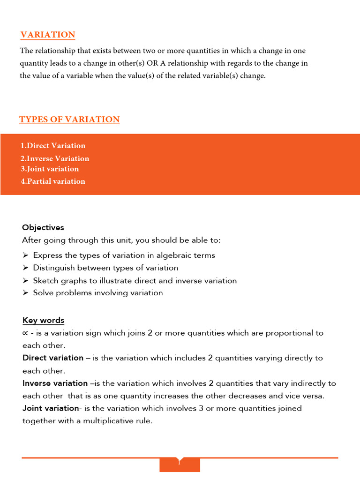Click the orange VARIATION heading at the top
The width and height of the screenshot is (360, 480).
(x=47, y=35)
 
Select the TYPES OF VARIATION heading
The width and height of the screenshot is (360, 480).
(x=69, y=120)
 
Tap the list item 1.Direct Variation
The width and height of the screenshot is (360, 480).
(x=53, y=146)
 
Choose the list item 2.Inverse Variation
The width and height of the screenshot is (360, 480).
(x=55, y=158)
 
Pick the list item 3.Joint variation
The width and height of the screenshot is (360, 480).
(x=50, y=169)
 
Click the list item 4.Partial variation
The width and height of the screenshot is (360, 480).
(x=53, y=181)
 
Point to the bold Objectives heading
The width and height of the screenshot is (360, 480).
(x=43, y=227)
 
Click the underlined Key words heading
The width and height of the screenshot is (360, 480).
(x=43, y=321)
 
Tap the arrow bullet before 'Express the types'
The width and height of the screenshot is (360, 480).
(x=25, y=255)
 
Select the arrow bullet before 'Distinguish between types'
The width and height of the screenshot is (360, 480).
(x=25, y=268)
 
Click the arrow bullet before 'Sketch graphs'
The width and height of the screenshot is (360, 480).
(x=25, y=281)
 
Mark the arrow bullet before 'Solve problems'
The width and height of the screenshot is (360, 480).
(x=25, y=293)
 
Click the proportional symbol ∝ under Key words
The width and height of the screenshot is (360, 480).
(x=25, y=333)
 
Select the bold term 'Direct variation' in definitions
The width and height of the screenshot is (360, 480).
(x=53, y=358)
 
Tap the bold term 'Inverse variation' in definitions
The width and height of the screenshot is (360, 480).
(x=55, y=383)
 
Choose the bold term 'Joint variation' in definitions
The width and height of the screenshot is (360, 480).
(x=50, y=408)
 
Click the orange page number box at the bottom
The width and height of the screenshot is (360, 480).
(x=180, y=464)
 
